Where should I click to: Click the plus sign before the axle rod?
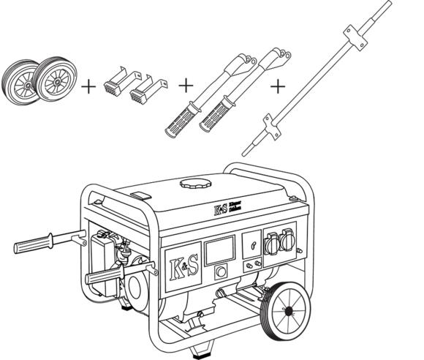pos(278,86)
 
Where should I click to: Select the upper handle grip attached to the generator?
pos(37,243)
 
